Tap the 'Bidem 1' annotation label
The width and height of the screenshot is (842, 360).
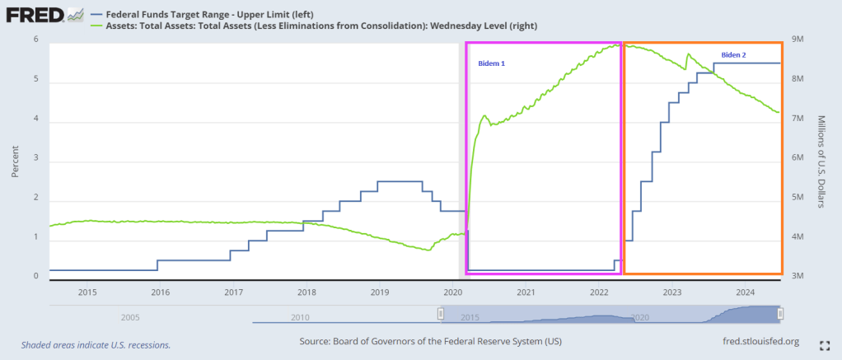coord(492,63)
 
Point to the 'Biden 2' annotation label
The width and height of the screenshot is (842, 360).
coord(733,54)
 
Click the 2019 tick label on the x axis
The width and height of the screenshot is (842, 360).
coord(380,292)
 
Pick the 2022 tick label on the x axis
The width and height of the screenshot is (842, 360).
coord(599,292)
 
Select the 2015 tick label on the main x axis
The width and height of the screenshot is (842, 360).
coord(87,292)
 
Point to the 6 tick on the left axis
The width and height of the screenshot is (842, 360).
coord(35,40)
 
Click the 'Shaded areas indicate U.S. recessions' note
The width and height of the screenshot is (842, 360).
coord(96,344)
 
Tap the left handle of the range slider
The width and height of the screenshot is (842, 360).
coord(440,314)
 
